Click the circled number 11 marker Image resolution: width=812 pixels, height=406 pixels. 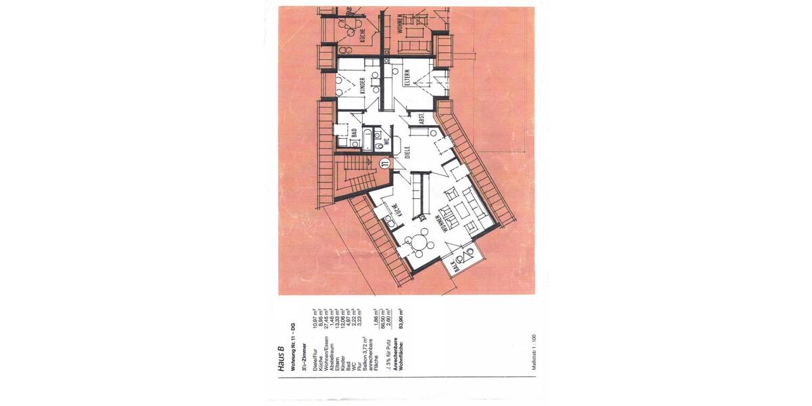tap(384, 163)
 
